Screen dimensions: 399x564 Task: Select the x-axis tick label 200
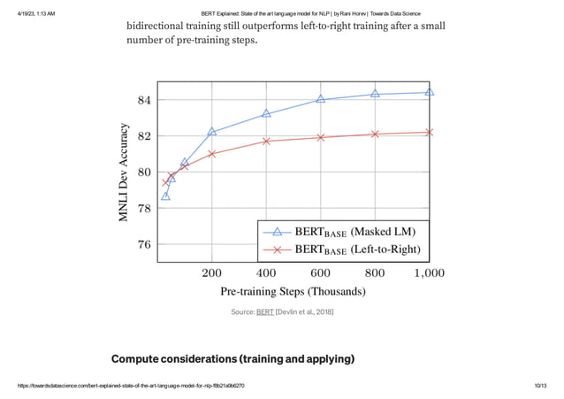pos(212,272)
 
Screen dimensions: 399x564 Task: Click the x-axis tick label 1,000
pos(429,272)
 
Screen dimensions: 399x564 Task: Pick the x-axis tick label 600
pos(320,272)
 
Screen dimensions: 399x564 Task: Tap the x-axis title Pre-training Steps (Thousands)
pos(293,291)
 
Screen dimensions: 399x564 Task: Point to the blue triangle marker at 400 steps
pos(266,113)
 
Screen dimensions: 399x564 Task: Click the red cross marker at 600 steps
pos(321,137)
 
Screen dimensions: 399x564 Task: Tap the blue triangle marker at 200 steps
pos(212,132)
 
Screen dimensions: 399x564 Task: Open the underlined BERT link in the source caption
pos(264,312)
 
